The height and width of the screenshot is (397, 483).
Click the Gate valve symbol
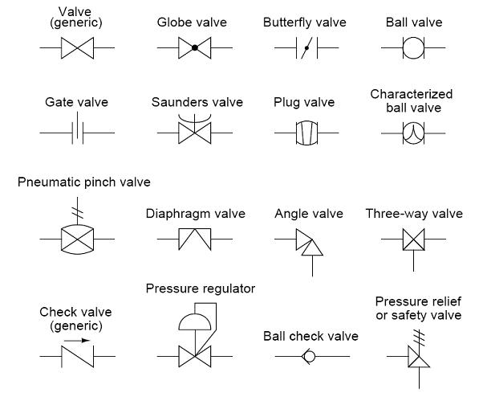click(x=77, y=132)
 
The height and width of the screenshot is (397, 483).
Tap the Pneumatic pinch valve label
click(x=83, y=182)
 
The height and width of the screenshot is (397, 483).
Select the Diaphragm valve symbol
click(x=194, y=239)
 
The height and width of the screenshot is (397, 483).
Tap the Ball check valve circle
click(x=309, y=354)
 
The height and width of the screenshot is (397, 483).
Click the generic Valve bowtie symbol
click(x=77, y=49)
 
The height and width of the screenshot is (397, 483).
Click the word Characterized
click(x=412, y=94)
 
